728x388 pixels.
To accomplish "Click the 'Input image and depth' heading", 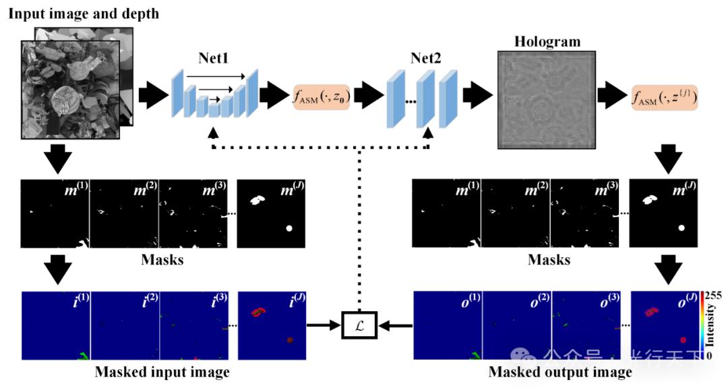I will [84, 13].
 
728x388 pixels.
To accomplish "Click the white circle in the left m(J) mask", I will [289, 229].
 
